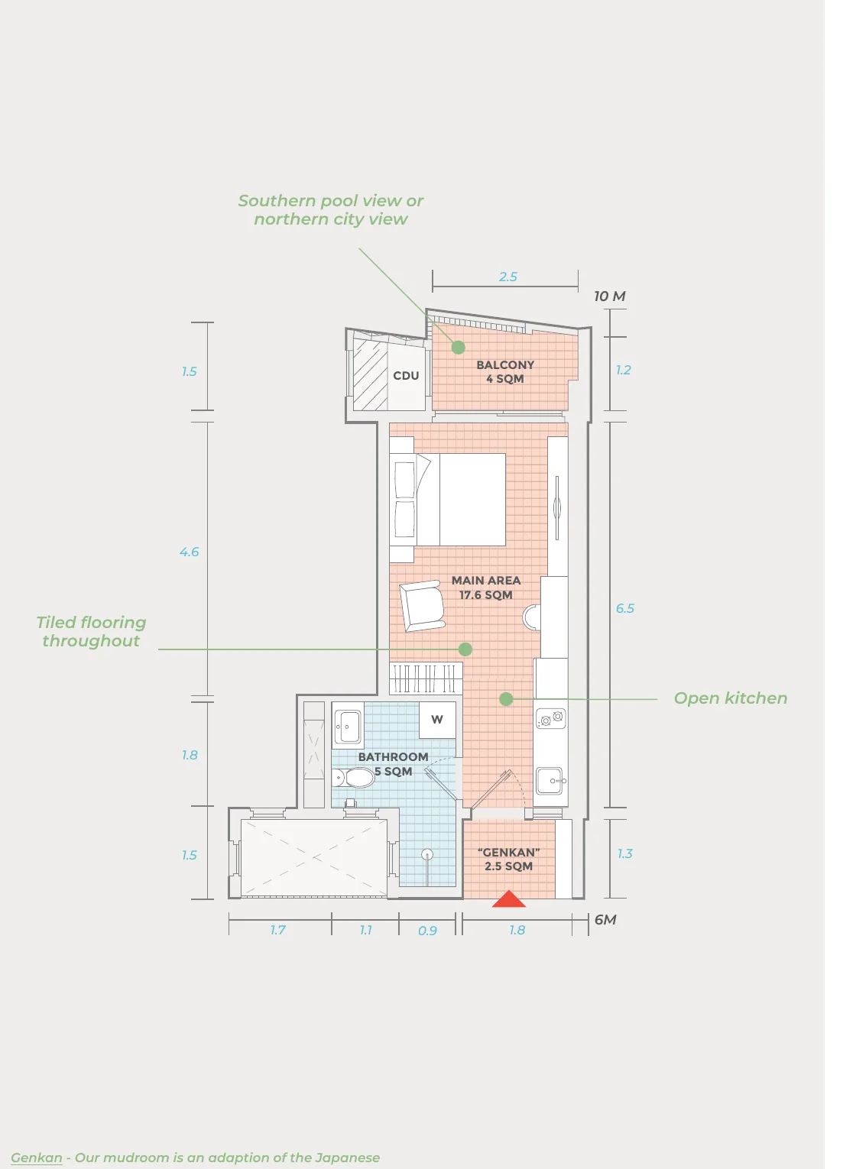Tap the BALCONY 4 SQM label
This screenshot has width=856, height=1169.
tap(504, 371)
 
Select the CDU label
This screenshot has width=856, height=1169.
tap(406, 375)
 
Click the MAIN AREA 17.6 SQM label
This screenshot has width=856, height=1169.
tap(485, 587)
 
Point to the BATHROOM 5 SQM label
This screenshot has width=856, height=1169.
tap(393, 763)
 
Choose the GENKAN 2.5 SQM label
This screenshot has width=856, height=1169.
tap(508, 859)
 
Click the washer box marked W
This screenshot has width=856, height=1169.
tap(437, 720)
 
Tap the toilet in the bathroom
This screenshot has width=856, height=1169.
tap(353, 777)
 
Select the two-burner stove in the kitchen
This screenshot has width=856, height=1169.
tap(550, 719)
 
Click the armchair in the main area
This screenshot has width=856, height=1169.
tap(422, 606)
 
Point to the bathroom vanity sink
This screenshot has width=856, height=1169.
tap(348, 727)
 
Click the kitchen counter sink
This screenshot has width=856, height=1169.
tap(550, 781)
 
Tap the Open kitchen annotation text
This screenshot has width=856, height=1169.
tap(730, 698)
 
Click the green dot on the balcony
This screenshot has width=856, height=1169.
tap(458, 347)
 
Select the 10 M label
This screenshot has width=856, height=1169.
tap(609, 296)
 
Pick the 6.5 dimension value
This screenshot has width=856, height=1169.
tap(624, 608)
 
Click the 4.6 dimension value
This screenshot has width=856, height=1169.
tap(189, 552)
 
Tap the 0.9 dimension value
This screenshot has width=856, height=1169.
tap(427, 931)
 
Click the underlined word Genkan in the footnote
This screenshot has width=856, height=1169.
tap(36, 1158)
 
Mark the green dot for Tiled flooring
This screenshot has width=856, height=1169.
tap(465, 649)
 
